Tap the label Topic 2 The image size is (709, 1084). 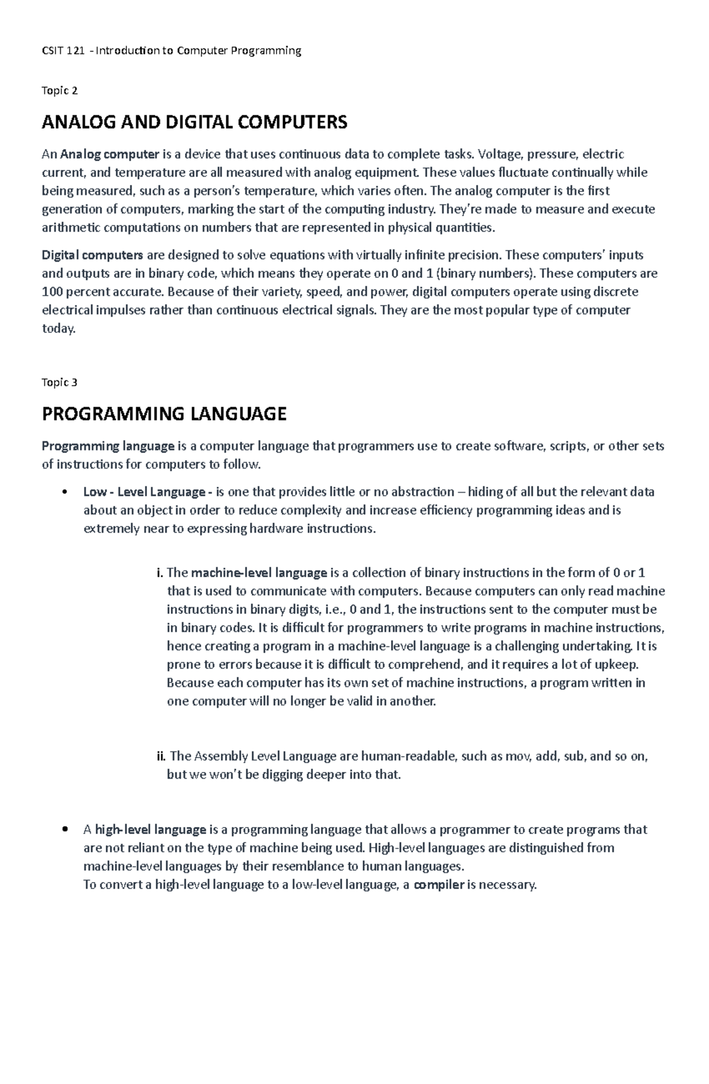tap(60, 90)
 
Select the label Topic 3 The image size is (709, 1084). tap(60, 382)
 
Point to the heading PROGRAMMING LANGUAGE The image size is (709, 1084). tap(164, 414)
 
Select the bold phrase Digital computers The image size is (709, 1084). tap(92, 255)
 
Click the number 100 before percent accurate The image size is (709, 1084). tap(52, 292)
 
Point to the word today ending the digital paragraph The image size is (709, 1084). tap(58, 329)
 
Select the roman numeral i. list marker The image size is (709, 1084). tap(160, 573)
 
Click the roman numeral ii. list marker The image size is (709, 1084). tap(161, 756)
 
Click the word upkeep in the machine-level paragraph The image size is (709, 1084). tap(617, 665)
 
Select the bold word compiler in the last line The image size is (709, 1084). tap(439, 885)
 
